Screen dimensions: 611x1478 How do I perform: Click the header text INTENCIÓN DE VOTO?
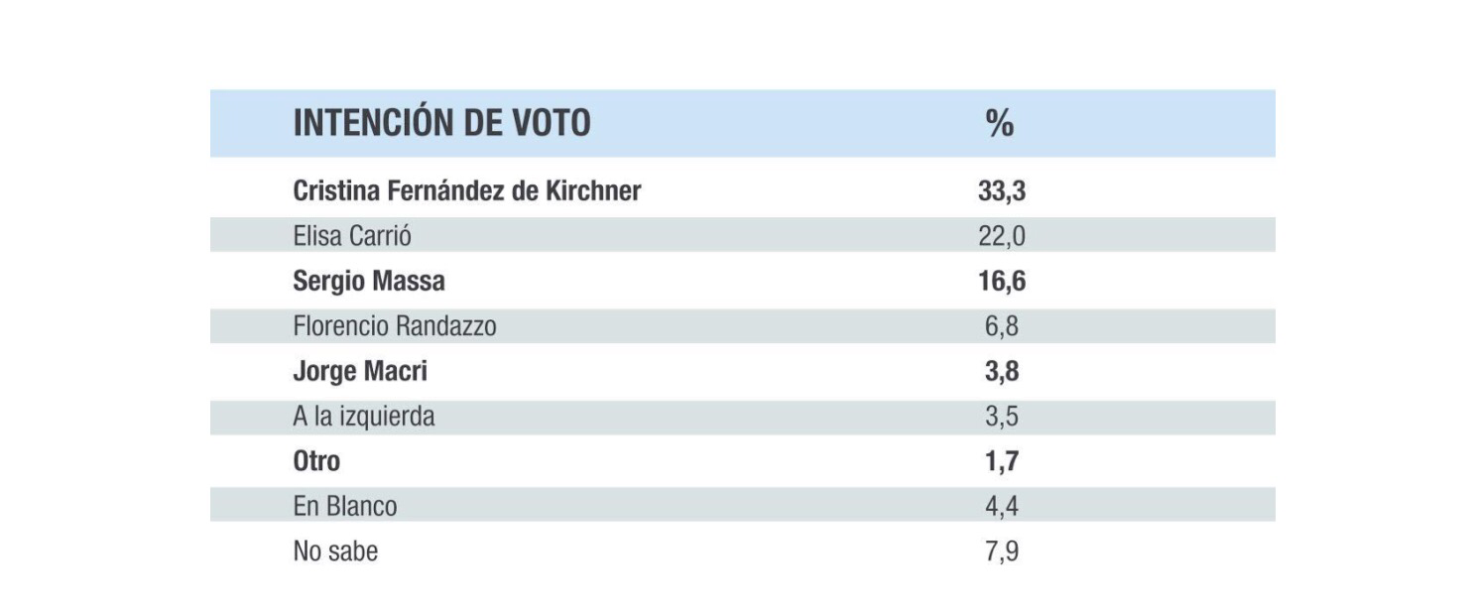pos(441,123)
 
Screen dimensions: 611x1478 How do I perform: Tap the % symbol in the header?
pos(1000,123)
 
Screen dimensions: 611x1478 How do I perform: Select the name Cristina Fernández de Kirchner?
pos(467,191)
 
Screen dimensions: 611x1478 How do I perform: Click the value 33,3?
pos(1002,192)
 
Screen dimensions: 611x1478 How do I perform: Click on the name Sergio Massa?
pos(369,282)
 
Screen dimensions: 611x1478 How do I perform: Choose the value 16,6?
pos(1002,282)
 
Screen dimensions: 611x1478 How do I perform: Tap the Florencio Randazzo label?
pos(395,326)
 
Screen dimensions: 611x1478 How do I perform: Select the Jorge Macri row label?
pos(360,372)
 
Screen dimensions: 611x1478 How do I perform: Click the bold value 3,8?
pos(1002,372)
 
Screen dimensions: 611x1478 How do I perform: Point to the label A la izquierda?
pos(364,418)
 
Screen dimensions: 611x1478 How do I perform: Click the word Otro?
pos(316,461)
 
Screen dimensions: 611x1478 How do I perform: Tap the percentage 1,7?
pos(1002,461)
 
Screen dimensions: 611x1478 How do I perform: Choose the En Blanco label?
pos(345,506)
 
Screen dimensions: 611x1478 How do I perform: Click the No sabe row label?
pos(335,551)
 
